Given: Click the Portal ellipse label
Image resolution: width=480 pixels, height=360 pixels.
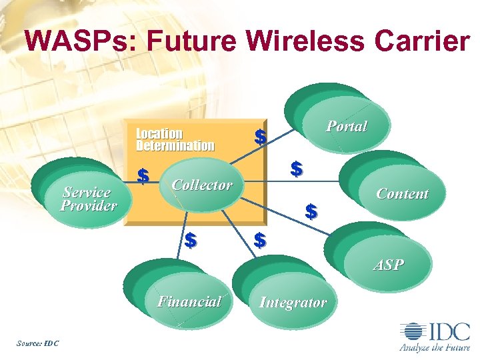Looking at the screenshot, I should pyautogui.click(x=346, y=126).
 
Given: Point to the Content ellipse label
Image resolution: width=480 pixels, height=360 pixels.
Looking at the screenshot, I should pyautogui.click(x=402, y=194).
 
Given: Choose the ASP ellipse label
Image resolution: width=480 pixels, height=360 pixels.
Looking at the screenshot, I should pyautogui.click(x=388, y=265).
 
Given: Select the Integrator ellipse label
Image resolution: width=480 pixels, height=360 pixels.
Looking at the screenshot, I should pyautogui.click(x=293, y=303).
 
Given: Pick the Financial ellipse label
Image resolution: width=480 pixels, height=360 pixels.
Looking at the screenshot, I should pyautogui.click(x=189, y=302).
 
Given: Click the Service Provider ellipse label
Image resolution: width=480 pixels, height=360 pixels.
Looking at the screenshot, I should pyautogui.click(x=88, y=199).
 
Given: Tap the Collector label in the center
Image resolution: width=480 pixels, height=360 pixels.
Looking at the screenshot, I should pyautogui.click(x=201, y=185).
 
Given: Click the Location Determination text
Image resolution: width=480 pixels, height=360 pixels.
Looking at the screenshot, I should pyautogui.click(x=175, y=139).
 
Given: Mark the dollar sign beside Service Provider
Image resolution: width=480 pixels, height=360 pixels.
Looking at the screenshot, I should pyautogui.click(x=142, y=177).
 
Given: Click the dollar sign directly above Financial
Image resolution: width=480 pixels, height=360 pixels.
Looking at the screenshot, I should pyautogui.click(x=191, y=239).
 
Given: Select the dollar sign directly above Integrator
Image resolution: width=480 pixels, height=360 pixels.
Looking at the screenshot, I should pyautogui.click(x=261, y=239).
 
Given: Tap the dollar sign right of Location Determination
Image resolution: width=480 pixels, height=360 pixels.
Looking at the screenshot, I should pyautogui.click(x=261, y=137).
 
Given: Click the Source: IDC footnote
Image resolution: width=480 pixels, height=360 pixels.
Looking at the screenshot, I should pyautogui.click(x=37, y=343).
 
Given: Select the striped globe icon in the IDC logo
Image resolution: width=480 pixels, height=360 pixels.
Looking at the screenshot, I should pyautogui.click(x=411, y=331).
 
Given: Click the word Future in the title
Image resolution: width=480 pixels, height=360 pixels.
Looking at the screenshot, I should pyautogui.click(x=191, y=41).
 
